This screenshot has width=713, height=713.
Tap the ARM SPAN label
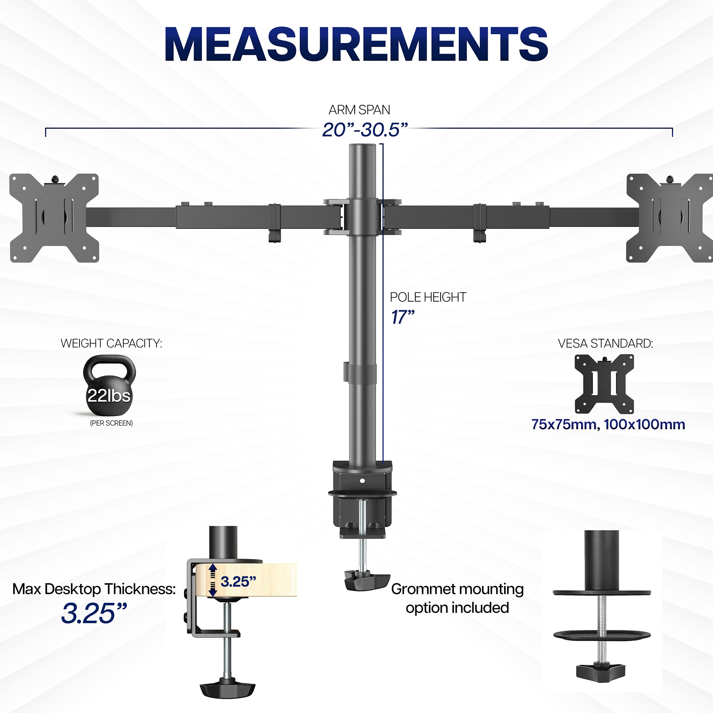coord(359,110)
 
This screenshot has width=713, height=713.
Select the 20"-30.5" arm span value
coord(365,130)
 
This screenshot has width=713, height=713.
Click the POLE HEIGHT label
coord(428,297)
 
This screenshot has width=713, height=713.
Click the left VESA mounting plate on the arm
coord(54,218)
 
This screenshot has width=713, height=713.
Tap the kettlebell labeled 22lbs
coord(109,386)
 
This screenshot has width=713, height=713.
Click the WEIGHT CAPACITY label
coord(111,344)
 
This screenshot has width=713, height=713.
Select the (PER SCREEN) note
coord(111,423)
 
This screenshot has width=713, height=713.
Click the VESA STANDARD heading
coord(605,344)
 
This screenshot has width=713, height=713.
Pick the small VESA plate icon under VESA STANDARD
coord(604,384)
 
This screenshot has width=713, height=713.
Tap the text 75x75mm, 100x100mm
coord(608,424)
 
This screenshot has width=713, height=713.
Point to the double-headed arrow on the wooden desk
coord(212,580)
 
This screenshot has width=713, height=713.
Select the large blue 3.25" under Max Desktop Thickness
coord(94,613)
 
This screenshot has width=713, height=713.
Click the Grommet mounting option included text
coord(457,598)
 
